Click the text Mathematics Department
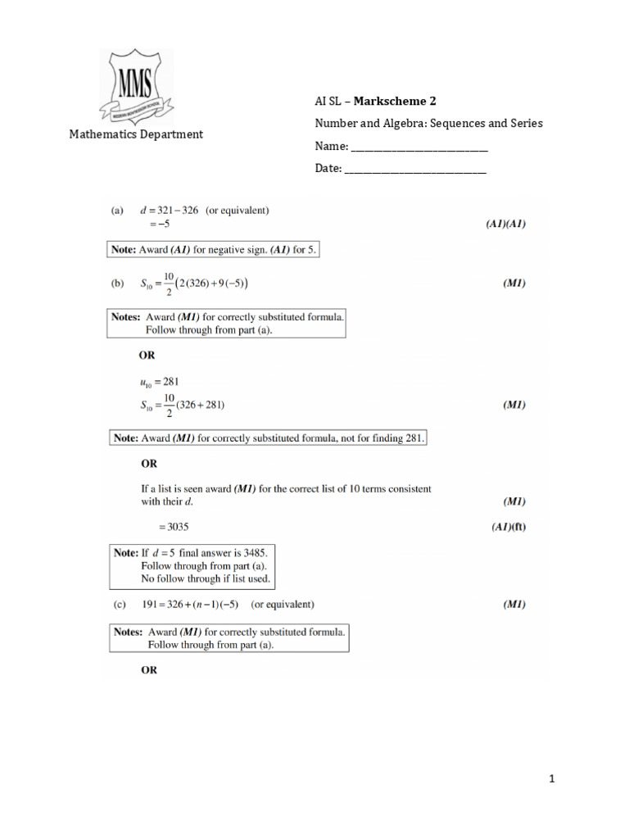[x=136, y=134]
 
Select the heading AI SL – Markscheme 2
[x=376, y=102]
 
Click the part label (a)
[x=118, y=210]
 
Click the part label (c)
[x=118, y=605]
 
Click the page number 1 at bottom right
[x=553, y=780]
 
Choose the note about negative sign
[x=214, y=249]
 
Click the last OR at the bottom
[x=148, y=669]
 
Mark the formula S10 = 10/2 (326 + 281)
[x=183, y=405]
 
